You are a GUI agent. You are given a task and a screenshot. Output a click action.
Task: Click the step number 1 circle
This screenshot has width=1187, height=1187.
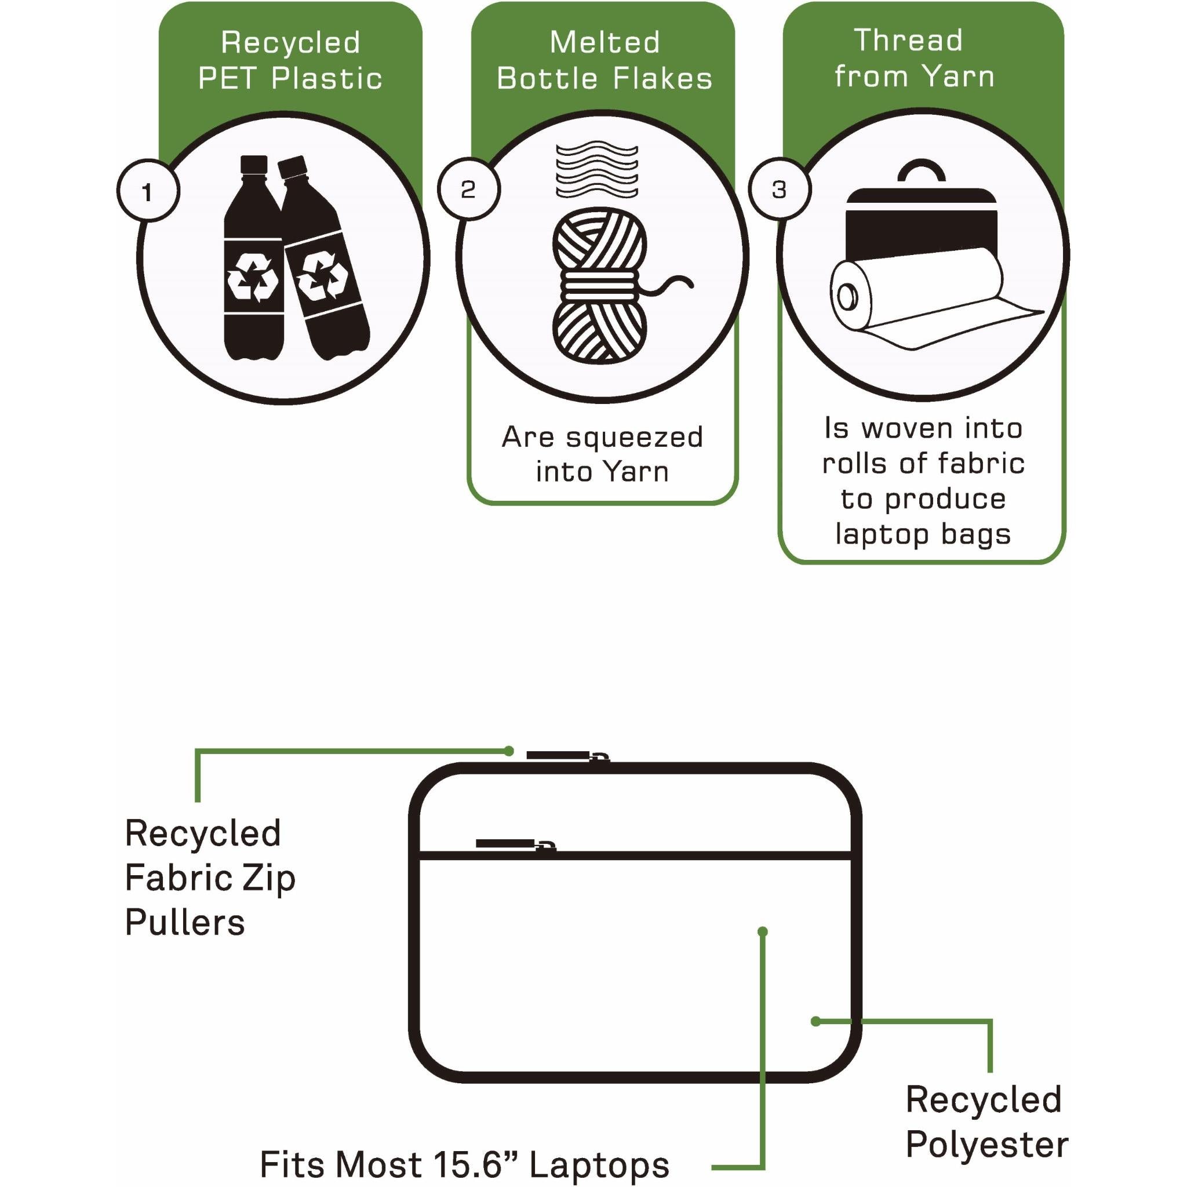pyautogui.click(x=147, y=192)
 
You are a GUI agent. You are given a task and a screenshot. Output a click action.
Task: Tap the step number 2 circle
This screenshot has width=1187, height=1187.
pyautogui.click(x=468, y=188)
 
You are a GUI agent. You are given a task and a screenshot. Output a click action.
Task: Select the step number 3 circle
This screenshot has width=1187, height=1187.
pyautogui.click(x=779, y=189)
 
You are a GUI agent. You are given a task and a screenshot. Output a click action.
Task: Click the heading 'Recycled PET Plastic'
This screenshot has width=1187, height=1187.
pyautogui.click(x=290, y=60)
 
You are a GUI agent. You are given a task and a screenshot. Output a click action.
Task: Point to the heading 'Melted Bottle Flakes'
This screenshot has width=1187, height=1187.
pyautogui.click(x=604, y=60)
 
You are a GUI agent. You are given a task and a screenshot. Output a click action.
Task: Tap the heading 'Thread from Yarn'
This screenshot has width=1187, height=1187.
pyautogui.click(x=913, y=59)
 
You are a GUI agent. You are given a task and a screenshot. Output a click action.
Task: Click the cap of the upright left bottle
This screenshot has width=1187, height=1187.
pyautogui.click(x=254, y=164)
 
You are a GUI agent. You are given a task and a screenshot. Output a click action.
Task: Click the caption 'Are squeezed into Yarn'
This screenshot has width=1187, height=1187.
pyautogui.click(x=602, y=454)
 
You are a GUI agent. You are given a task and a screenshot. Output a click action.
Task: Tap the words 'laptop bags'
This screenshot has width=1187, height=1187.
pyautogui.click(x=923, y=533)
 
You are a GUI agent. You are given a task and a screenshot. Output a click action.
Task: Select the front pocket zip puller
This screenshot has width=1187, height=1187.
pyautogui.click(x=515, y=844)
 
